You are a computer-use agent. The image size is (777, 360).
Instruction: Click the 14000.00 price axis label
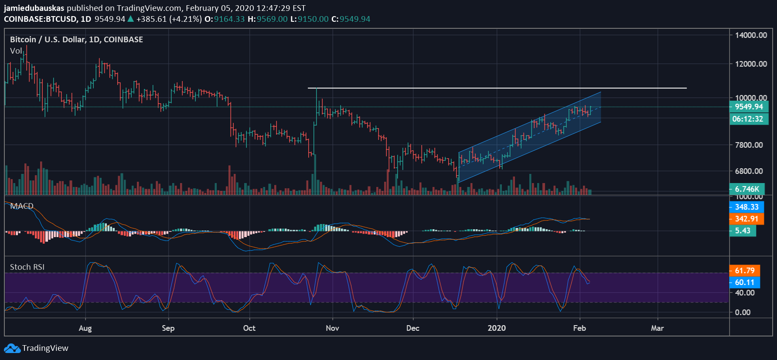click(751, 35)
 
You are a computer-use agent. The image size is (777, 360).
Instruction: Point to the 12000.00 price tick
click(751, 64)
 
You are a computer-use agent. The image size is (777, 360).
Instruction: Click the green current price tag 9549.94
click(749, 107)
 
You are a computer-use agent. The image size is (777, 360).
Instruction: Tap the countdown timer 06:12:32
click(748, 119)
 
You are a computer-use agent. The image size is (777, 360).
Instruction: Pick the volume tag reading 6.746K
click(747, 189)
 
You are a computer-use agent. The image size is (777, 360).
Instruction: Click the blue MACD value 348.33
click(746, 207)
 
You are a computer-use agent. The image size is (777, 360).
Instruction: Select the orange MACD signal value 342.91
click(746, 219)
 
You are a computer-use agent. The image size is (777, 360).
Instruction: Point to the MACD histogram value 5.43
click(743, 231)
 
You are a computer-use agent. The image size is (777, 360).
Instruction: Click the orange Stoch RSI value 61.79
click(745, 271)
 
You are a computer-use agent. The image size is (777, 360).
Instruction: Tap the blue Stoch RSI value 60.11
click(745, 282)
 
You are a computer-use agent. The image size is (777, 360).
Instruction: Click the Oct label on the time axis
click(249, 328)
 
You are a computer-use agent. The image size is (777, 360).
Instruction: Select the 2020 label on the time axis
click(497, 328)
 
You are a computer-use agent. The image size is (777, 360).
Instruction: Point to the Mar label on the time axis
click(657, 328)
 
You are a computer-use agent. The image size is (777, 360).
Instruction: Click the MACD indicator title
click(22, 206)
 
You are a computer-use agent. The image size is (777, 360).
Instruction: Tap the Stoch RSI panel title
click(27, 267)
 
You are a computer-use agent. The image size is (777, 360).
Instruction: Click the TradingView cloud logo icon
click(12, 348)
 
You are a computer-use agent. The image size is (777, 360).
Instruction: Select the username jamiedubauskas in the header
click(34, 8)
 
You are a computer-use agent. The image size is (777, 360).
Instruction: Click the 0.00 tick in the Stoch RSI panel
click(743, 312)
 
